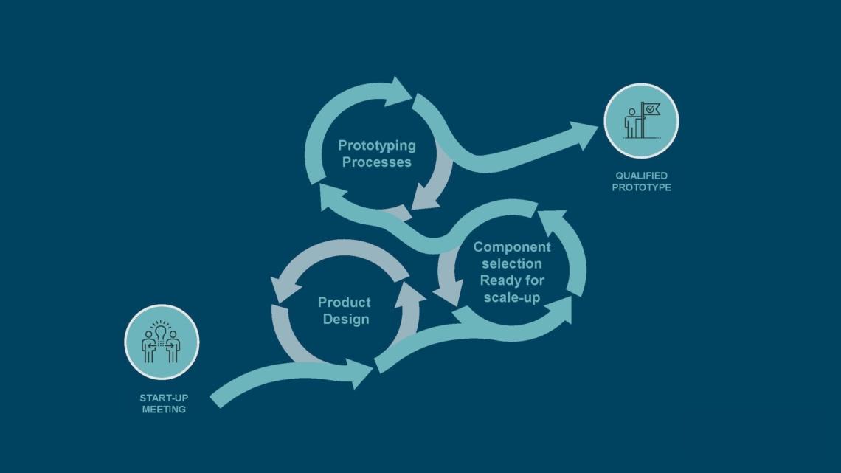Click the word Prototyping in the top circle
tap(376, 145)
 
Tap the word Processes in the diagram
tap(376, 162)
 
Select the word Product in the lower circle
tap(345, 302)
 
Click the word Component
tap(512, 246)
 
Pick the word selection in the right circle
tap(512, 263)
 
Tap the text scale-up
tap(512, 297)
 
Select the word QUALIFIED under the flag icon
tap(641, 176)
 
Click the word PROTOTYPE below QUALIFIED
tap(641, 187)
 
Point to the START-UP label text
tap(164, 398)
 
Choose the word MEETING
tap(164, 409)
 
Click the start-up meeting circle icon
tap(162, 342)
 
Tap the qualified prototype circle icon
tap(641, 121)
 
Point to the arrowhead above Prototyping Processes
tap(400, 91)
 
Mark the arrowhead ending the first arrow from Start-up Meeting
tap(361, 374)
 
